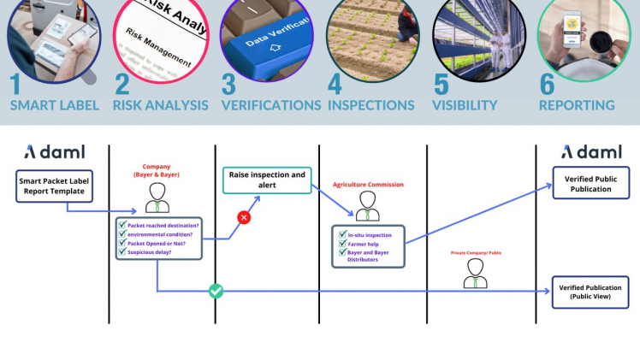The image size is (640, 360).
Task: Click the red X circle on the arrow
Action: pos(244,217)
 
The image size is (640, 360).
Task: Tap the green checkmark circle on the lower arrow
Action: pos(216,291)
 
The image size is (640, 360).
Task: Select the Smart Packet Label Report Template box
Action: pos(52,187)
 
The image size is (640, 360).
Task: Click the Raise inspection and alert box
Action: pos(267,180)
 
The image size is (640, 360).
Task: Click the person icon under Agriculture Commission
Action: pos(368,205)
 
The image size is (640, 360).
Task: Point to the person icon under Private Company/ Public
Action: pos(475,273)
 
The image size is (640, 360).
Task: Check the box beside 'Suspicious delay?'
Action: pos(121,252)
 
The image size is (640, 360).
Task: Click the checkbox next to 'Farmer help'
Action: pos(341,245)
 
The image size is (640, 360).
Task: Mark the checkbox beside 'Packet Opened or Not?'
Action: pos(121,243)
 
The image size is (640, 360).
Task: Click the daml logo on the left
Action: pos(53,152)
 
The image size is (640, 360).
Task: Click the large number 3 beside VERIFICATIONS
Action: pos(228,85)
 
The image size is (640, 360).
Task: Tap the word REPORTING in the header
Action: pos(576,105)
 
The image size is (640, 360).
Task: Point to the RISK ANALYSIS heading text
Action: pos(160,105)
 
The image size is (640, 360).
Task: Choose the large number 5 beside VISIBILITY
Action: pos(441,85)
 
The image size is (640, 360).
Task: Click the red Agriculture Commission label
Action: pos(368,185)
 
